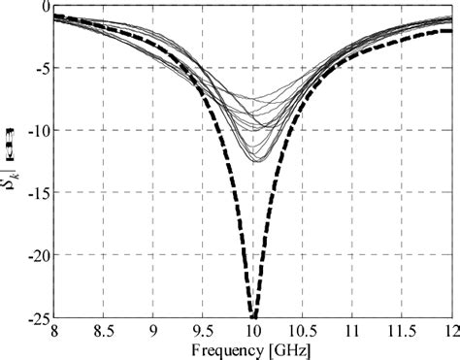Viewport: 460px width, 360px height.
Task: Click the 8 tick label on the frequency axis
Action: point(55,330)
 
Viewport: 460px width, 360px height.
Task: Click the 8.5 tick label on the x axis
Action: point(104,330)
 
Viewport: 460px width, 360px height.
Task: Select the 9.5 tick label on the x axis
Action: point(203,330)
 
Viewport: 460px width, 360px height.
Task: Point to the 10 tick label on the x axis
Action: point(252,330)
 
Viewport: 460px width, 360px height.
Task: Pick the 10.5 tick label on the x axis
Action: point(302,330)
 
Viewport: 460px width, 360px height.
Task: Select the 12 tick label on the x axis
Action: point(447,330)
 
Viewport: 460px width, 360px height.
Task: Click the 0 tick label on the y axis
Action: point(45,7)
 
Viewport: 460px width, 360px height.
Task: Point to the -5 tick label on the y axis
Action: point(41,69)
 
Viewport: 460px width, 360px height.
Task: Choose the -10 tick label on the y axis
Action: point(38,131)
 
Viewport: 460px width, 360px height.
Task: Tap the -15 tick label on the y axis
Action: point(38,193)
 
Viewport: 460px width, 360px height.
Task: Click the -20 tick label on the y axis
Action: point(38,255)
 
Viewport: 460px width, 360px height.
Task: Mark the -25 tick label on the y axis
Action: point(38,317)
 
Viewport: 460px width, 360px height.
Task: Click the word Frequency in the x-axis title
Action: point(225,346)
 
